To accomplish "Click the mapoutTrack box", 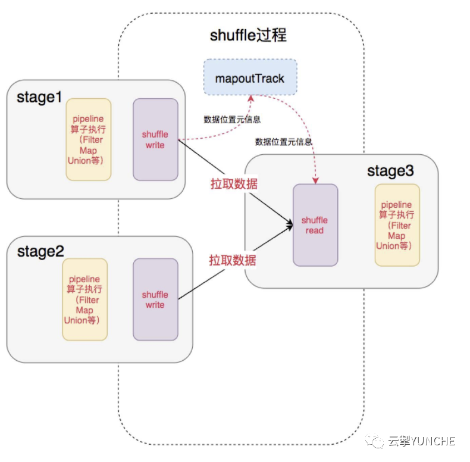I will click(250, 77).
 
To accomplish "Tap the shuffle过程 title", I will click(248, 35).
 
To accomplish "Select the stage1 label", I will click(39, 97).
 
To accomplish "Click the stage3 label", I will click(390, 171).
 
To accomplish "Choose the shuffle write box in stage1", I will click(155, 139).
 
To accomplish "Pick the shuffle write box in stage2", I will click(155, 299).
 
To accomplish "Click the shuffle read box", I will click(315, 225).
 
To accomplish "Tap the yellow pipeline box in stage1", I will click(88, 139).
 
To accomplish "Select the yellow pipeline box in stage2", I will click(84, 299).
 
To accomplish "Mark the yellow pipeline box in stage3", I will click(397, 225).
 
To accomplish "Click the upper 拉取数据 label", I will click(234, 183).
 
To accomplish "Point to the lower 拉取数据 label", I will click(233, 260).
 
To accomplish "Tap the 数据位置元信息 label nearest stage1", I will click(232, 120).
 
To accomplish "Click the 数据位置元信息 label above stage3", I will click(284, 142).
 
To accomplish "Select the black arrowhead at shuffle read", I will click(290, 224).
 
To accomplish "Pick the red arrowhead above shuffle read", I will click(315, 180).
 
